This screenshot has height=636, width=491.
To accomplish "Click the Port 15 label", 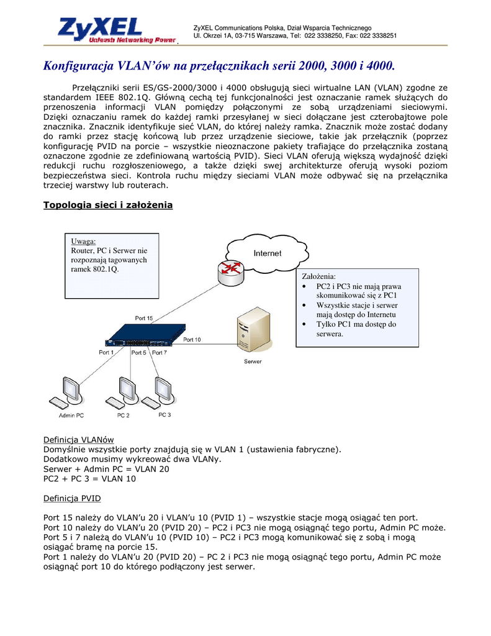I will [x=144, y=318].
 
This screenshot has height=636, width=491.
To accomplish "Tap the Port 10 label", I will [x=192, y=340].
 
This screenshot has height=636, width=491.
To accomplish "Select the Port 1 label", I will [x=106, y=352].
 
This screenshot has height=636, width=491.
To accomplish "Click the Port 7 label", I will [x=160, y=352].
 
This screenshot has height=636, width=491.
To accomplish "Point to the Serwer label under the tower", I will [x=253, y=361].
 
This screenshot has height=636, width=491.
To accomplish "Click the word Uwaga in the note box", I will [x=83, y=241].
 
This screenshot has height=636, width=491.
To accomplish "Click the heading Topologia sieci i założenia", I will [x=107, y=205].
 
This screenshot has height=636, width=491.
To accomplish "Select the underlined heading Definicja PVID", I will [x=71, y=498].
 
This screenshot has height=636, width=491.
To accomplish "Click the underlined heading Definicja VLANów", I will [x=78, y=439].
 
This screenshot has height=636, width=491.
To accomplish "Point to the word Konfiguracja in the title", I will [x=76, y=65].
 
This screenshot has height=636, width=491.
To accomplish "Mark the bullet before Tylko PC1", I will [x=304, y=324].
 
